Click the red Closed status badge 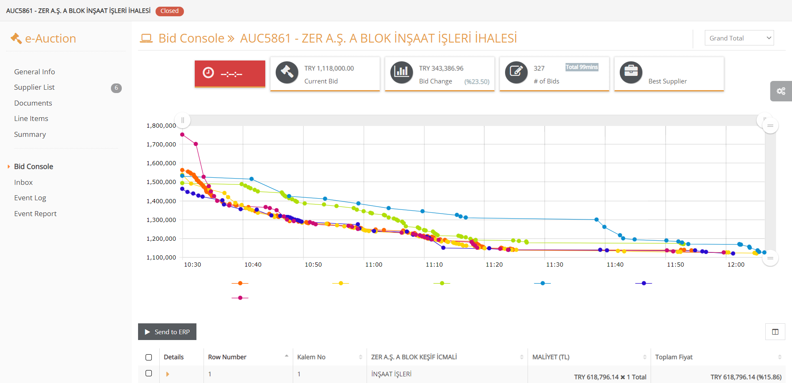(169, 11)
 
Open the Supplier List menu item (34, 87)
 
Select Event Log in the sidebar (30, 198)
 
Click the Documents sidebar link (33, 103)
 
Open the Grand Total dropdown (739, 38)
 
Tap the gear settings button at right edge (781, 91)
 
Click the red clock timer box (230, 73)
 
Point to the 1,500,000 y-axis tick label (161, 182)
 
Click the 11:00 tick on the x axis (374, 265)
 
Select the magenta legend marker (240, 298)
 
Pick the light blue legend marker (543, 283)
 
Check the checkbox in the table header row (149, 357)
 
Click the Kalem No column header (311, 357)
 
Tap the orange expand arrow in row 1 (168, 374)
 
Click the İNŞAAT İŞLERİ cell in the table (391, 374)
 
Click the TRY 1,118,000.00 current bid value (329, 68)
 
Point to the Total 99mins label (582, 67)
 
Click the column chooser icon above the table (775, 332)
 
